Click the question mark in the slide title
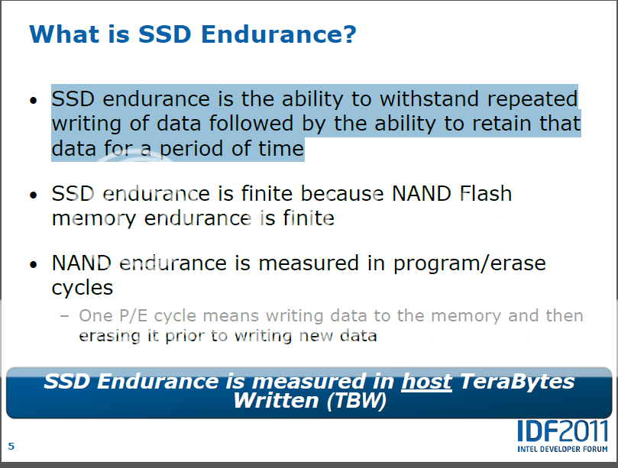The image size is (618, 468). [x=349, y=34]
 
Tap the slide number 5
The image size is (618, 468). [x=11, y=446]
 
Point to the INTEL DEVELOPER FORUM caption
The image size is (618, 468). [x=562, y=449]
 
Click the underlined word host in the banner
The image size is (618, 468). [x=426, y=381]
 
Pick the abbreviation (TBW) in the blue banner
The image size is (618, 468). [x=356, y=401]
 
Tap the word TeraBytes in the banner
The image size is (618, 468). [x=517, y=381]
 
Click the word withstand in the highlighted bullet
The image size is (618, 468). [x=429, y=98]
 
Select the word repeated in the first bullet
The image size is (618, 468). [x=532, y=99]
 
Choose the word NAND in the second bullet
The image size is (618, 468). [x=422, y=193]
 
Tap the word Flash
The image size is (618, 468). [x=486, y=193]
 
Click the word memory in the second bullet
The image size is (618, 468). [x=94, y=219]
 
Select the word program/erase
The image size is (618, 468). [x=469, y=263]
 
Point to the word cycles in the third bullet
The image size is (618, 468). [x=83, y=289]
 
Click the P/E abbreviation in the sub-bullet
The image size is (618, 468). [x=133, y=316]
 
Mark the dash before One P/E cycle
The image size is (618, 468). [x=65, y=316]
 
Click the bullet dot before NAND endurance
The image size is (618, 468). [x=34, y=264]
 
